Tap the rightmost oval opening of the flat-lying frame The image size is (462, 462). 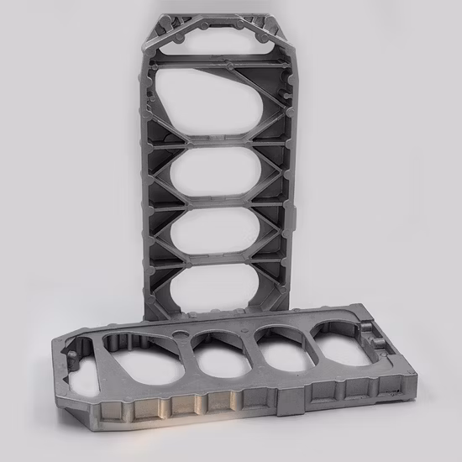339,340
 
